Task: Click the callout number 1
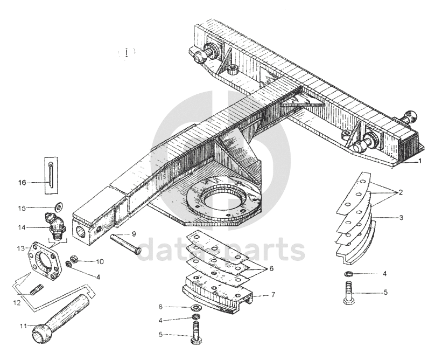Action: click(x=420, y=161)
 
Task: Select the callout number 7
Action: click(x=273, y=295)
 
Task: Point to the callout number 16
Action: click(x=22, y=183)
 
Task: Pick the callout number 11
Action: click(x=23, y=326)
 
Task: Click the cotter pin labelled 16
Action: click(x=50, y=173)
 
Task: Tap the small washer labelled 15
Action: click(x=58, y=206)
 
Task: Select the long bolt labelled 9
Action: click(x=126, y=244)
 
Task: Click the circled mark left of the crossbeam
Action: click(x=127, y=53)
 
